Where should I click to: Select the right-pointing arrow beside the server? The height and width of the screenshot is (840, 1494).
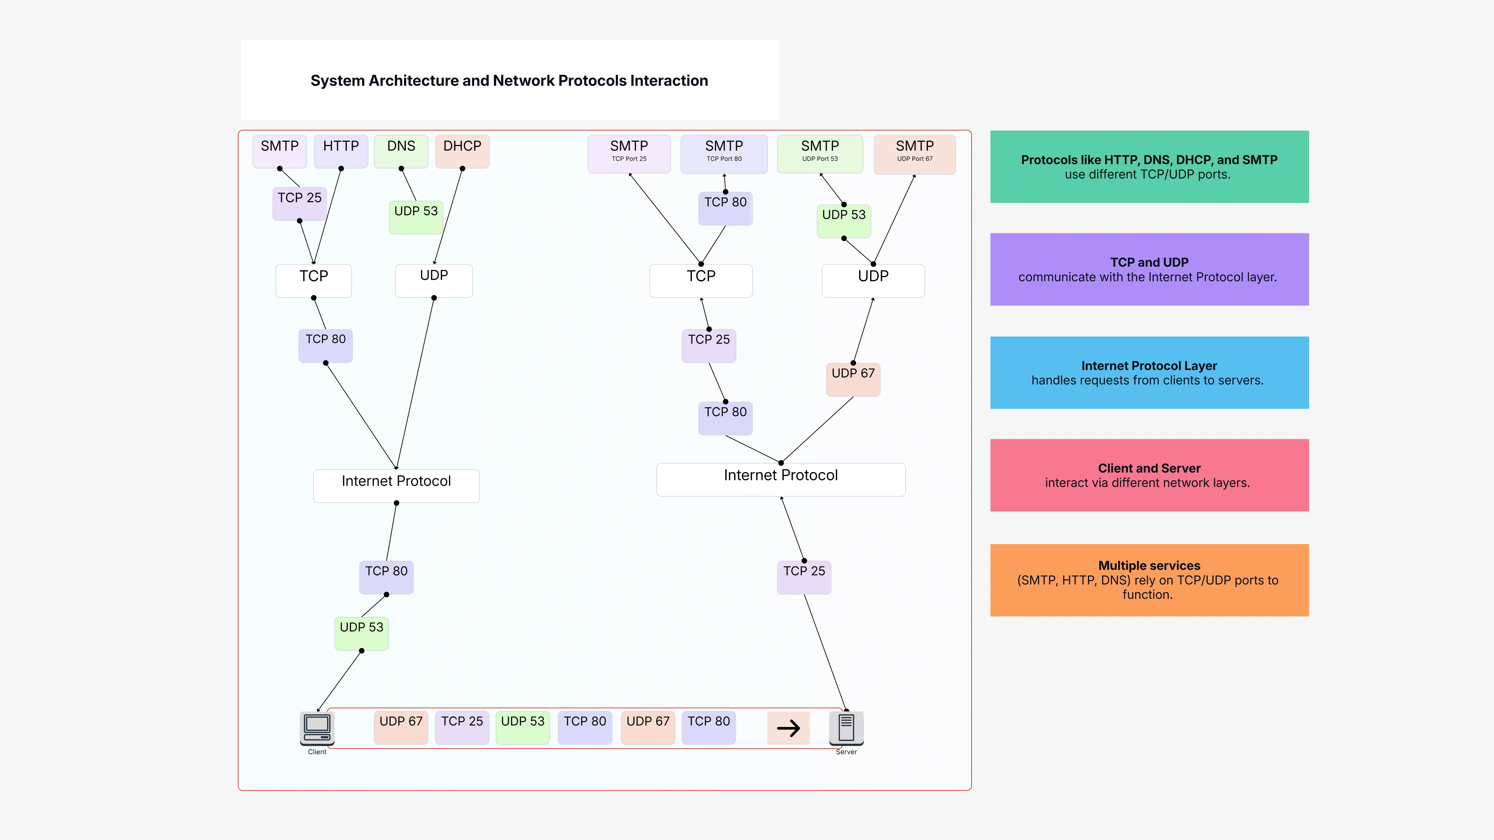click(x=788, y=728)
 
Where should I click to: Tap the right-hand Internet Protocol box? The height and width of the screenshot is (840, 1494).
click(x=781, y=479)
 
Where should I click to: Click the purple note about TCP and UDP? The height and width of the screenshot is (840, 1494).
click(x=1149, y=269)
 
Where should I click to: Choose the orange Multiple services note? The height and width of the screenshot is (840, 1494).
click(x=1149, y=579)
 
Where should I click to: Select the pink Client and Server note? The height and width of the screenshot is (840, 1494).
click(x=1149, y=475)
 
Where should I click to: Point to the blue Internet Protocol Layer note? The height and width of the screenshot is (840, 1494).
click(x=1149, y=372)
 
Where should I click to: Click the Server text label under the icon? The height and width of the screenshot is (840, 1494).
click(x=846, y=752)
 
